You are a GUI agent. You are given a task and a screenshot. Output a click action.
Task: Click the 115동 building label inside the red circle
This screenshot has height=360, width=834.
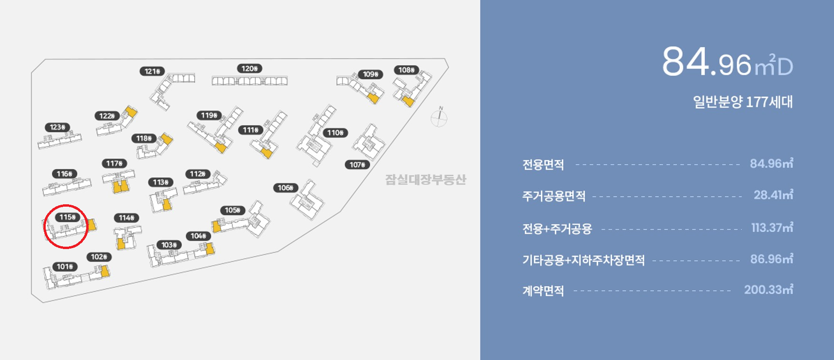[x=68, y=217]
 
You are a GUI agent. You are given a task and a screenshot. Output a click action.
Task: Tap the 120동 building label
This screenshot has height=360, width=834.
[x=250, y=69]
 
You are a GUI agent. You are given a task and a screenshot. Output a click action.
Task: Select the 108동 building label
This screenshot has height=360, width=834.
[x=407, y=70]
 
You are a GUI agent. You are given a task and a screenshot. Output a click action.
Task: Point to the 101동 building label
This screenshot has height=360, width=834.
[x=65, y=267]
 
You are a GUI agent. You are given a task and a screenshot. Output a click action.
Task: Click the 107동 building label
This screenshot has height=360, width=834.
[x=357, y=165]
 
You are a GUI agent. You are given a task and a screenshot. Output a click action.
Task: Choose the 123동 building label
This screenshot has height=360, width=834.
[x=58, y=127]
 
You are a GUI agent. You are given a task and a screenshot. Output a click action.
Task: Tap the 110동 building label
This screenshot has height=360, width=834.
[x=335, y=133]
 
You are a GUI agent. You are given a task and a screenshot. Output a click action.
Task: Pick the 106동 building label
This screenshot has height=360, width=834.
[x=286, y=188]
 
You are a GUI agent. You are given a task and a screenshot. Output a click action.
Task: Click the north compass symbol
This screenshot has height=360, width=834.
[x=439, y=118]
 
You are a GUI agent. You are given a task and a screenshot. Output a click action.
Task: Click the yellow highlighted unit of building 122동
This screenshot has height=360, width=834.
[x=130, y=112]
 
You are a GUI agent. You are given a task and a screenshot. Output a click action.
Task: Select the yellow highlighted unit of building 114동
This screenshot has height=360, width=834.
[x=121, y=244]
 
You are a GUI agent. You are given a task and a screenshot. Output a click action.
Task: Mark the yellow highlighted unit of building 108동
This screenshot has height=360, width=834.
[x=408, y=101]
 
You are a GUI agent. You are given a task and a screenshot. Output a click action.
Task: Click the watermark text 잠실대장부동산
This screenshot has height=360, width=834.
[x=425, y=180]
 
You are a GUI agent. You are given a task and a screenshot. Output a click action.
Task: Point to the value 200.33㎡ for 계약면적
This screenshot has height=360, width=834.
[x=768, y=290]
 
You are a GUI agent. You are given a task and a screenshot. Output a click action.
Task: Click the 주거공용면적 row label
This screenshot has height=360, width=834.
[x=553, y=196]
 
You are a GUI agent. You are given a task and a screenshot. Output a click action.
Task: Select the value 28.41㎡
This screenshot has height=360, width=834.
[x=773, y=195]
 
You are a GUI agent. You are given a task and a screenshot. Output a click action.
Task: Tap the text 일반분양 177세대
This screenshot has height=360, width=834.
[x=743, y=102]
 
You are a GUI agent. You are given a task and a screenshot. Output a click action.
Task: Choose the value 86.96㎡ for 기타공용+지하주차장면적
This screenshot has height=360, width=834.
[x=771, y=259]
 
